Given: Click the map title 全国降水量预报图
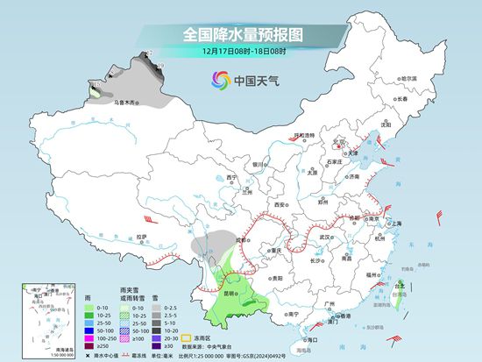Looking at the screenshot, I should tap(241, 34).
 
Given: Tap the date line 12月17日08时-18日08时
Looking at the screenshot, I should tap(241, 52).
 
